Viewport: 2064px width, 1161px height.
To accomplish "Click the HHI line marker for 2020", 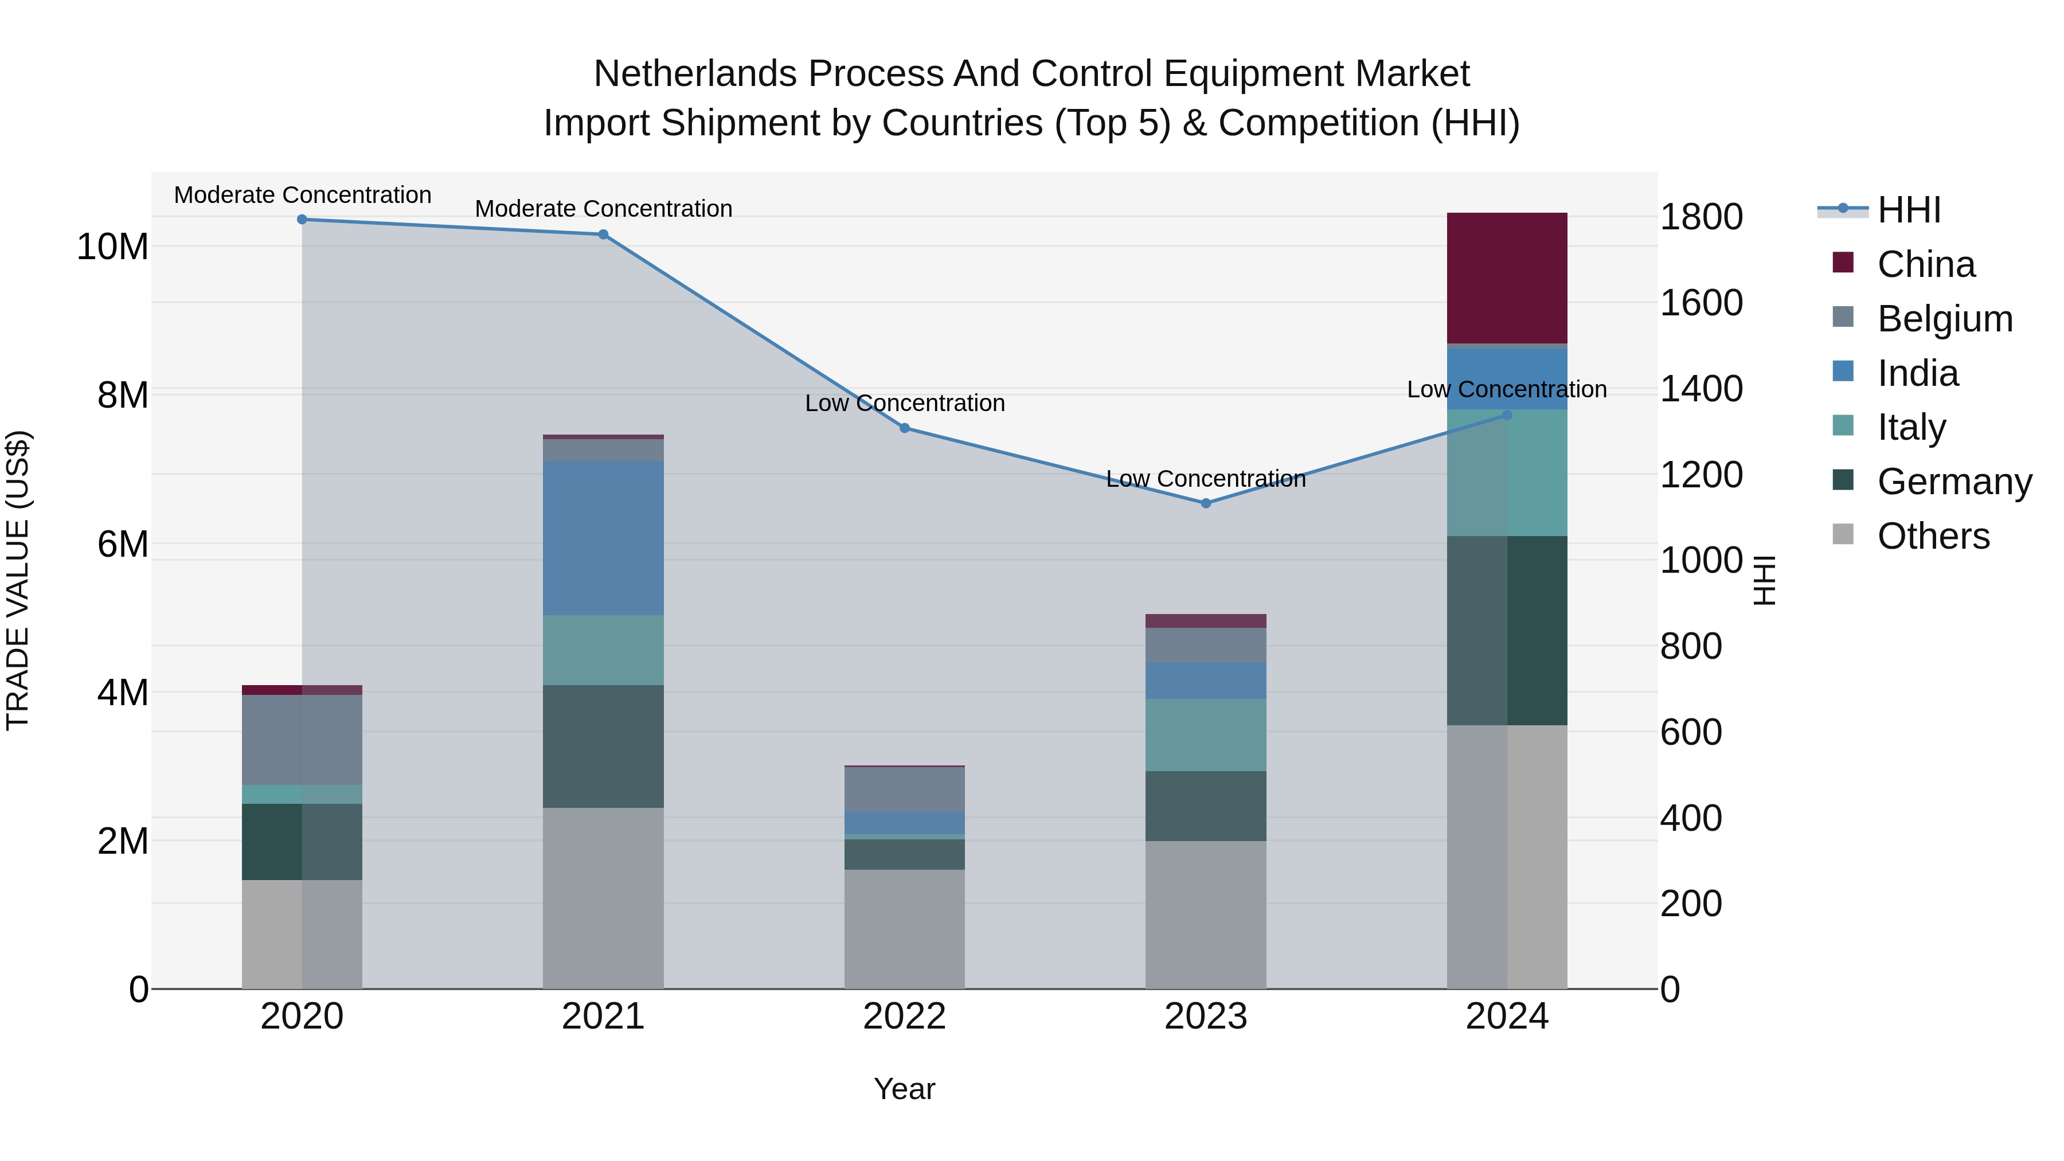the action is click(x=302, y=220).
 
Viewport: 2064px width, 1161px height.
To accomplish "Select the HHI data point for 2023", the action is click(x=1206, y=503).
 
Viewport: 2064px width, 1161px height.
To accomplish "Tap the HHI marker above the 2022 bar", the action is click(x=905, y=428).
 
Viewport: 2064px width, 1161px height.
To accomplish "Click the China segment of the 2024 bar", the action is click(x=1507, y=278).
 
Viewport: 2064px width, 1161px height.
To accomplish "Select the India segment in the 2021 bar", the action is click(x=603, y=538).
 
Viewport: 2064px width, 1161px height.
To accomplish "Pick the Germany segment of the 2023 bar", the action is click(x=1206, y=806).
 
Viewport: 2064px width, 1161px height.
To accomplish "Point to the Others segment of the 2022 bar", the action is click(x=905, y=929).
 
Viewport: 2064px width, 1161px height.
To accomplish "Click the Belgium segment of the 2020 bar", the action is click(x=302, y=740).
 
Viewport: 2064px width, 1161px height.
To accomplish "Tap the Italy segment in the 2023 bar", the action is click(x=1206, y=736).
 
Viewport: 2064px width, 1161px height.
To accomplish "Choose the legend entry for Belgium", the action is click(x=1923, y=318).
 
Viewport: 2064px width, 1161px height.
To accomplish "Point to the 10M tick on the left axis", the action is click(x=112, y=247).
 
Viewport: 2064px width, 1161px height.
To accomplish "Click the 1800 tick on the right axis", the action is click(x=1701, y=217).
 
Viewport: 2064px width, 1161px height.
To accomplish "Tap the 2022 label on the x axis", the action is click(x=905, y=1017).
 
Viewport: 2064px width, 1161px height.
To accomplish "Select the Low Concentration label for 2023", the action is click(x=1206, y=479).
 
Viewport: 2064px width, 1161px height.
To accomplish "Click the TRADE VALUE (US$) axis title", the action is click(x=18, y=581).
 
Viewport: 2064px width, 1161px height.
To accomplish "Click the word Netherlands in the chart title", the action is click(x=696, y=74).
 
